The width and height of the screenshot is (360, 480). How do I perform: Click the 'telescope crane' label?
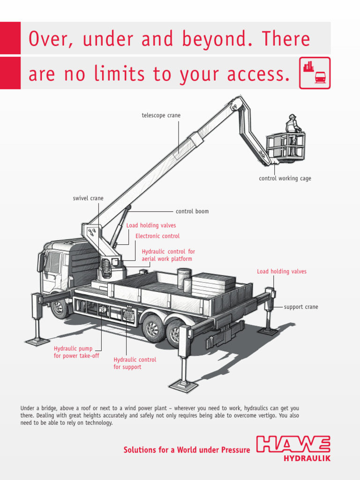point(161,115)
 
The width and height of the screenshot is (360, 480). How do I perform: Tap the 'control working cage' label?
point(285,179)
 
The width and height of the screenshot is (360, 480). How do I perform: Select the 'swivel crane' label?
point(88,198)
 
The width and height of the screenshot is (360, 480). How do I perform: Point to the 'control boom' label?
point(192,211)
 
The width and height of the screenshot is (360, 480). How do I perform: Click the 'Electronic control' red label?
point(157,236)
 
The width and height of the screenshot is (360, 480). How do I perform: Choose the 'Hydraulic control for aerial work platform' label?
point(168,255)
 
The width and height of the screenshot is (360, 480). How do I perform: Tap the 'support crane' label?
point(301,307)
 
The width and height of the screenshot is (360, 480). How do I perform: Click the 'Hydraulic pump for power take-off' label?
point(76,352)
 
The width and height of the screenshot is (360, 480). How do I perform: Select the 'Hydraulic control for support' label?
point(135,363)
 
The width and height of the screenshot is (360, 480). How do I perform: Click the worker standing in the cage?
point(293,126)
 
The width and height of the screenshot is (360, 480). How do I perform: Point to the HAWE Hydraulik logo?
point(293,448)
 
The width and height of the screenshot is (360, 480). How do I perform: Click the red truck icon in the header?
point(320,77)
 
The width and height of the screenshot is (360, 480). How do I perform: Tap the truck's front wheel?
point(60,307)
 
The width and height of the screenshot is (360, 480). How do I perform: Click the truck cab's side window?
point(53,262)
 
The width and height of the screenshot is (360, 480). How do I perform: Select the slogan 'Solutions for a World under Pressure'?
point(187,450)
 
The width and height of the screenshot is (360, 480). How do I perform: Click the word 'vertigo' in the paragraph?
point(253,415)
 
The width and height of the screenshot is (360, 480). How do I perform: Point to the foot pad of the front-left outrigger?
point(37,341)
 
